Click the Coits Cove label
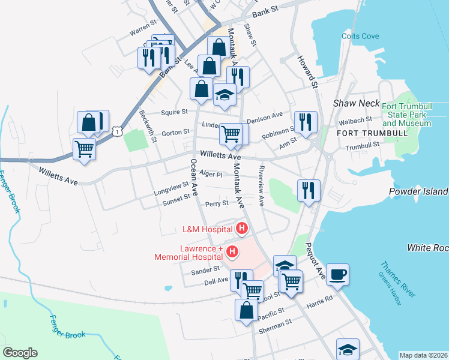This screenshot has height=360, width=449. pyautogui.click(x=360, y=36)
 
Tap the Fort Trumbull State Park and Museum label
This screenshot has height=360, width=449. pyautogui.click(x=406, y=115)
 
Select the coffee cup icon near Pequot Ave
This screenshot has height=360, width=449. pyautogui.click(x=337, y=274)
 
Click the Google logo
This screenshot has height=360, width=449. pyautogui.click(x=20, y=353)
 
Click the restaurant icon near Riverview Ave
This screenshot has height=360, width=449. pyautogui.click(x=309, y=191)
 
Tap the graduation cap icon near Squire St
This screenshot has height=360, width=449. pyautogui.click(x=224, y=94)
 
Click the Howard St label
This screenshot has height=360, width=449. pyautogui.click(x=308, y=71)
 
